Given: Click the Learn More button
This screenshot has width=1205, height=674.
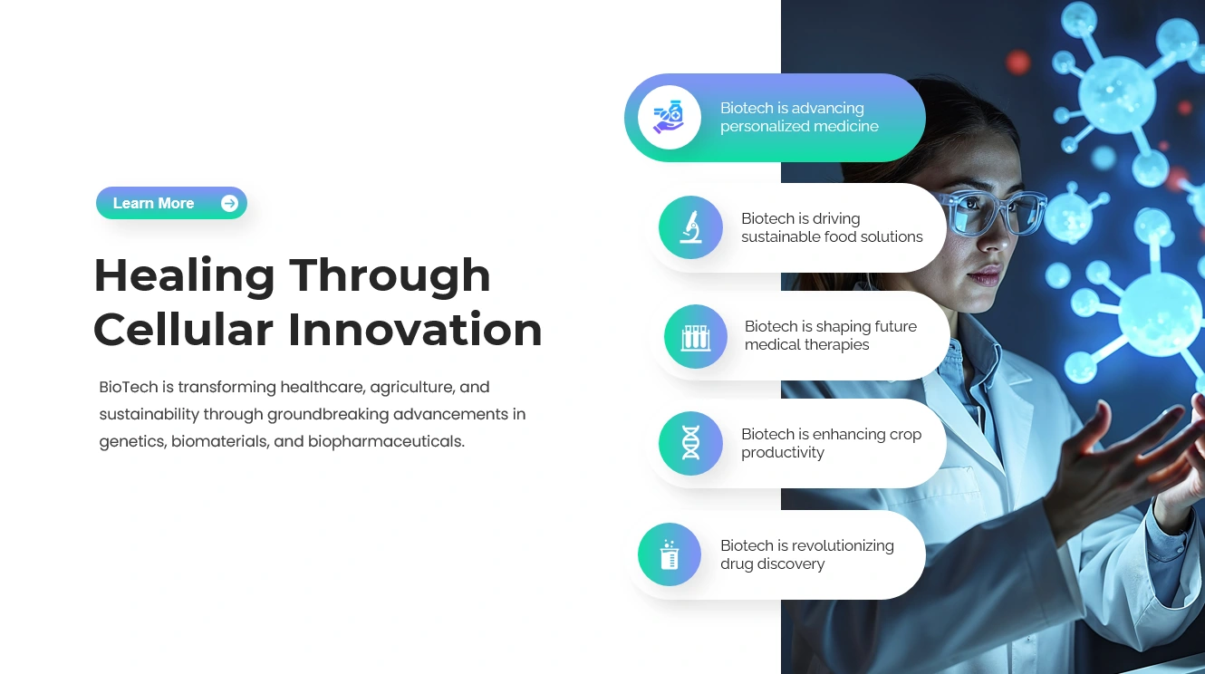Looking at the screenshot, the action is [x=171, y=203].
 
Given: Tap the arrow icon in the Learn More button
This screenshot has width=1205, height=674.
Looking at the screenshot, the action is [x=230, y=203].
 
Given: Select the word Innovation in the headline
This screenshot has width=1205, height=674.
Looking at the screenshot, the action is [x=415, y=329].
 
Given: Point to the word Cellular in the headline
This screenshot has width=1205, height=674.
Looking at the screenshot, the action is [x=183, y=329].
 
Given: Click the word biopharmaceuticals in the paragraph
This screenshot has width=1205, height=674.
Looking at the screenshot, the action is [x=386, y=441].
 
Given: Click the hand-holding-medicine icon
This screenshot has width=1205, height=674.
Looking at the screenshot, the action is [x=669, y=117].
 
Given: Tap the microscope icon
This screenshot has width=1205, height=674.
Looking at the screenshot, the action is [x=690, y=227].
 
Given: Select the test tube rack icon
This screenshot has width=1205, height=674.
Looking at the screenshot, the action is [x=696, y=337].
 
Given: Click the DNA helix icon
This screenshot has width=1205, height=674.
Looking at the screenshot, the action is [x=690, y=443].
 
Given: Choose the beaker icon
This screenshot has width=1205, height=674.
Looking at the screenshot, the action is [x=670, y=554].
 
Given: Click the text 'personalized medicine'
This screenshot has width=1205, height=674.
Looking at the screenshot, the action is [x=799, y=127].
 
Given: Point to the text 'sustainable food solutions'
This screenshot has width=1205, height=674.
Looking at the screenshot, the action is [x=832, y=236].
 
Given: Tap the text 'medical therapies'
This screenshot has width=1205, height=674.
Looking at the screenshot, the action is [x=806, y=345].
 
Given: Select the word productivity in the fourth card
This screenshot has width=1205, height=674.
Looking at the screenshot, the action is [x=782, y=453].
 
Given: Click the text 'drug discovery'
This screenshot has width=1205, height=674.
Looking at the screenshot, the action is [x=772, y=564].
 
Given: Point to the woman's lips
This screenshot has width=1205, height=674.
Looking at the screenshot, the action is [x=986, y=275].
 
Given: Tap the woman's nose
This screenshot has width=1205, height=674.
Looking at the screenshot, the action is [x=998, y=236].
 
